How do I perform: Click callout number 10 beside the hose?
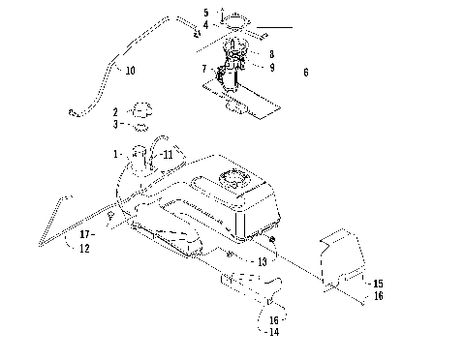130,70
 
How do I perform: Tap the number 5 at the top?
205,13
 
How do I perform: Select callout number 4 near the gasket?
205,23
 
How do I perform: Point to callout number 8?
272,55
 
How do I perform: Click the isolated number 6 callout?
306,72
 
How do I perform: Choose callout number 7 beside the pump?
203,70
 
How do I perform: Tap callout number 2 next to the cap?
115,112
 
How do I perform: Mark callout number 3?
115,124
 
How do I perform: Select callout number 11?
168,154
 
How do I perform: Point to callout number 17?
84,233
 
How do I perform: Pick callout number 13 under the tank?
262,261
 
